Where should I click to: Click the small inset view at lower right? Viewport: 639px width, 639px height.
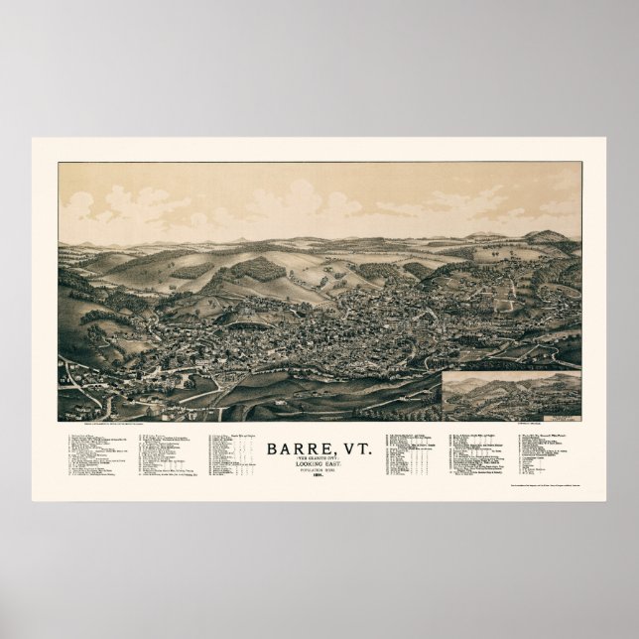point(512,395)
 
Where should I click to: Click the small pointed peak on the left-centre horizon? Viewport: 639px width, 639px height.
point(241,239)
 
